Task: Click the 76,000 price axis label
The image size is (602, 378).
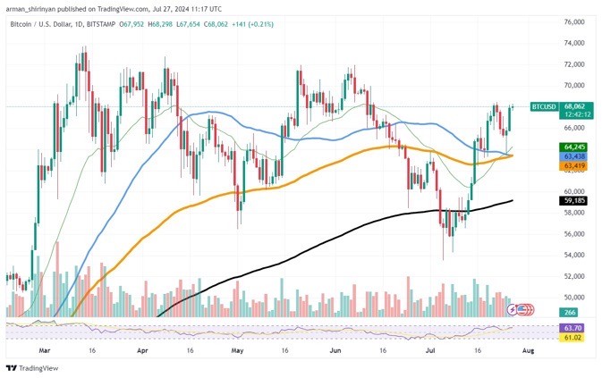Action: coord(573,21)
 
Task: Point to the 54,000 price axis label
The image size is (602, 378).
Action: coord(573,255)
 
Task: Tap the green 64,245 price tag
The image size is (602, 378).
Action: coord(572,146)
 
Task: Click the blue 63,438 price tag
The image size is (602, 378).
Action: coord(572,155)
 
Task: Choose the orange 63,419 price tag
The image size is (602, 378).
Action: coord(572,165)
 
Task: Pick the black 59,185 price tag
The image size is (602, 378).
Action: coord(572,202)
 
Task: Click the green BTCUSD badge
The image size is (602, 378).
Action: coord(544,106)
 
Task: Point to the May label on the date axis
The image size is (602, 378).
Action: coord(236,352)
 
